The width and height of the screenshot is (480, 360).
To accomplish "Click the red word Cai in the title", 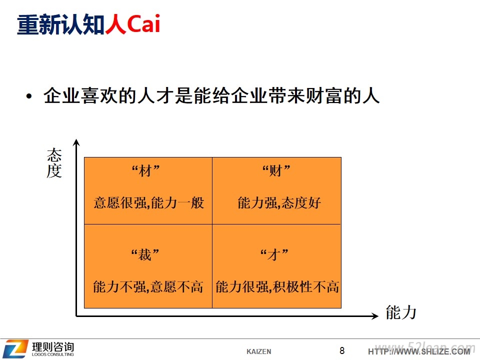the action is pos(143,23).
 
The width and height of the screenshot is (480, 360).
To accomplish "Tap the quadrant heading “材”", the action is pos(145,170).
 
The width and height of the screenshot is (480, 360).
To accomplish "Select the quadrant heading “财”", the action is pos(276,170).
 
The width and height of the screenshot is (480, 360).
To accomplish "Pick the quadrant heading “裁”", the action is pos(145,254).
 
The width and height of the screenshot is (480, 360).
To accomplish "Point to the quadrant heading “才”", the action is pos(274,254).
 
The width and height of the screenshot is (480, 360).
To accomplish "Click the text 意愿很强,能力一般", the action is pos(148,202).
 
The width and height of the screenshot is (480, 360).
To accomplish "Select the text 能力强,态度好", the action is pos(279,202).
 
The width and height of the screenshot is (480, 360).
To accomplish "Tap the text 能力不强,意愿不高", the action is pos(148,287).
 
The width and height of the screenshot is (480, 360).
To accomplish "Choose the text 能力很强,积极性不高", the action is pos(277,287).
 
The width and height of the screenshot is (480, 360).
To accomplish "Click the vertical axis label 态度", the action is pos(54,163).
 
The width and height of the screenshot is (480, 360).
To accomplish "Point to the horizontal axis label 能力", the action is pos(401,312).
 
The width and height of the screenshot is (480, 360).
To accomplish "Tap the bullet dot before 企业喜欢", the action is pos(29,96).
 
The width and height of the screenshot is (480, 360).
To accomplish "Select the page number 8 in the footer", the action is pos(342,350).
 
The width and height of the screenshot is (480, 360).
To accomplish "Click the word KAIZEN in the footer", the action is pos(258,351).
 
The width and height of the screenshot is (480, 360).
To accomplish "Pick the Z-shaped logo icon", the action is pos(15,348).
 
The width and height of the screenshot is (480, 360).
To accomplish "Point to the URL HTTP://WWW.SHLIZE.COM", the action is pos(419,351).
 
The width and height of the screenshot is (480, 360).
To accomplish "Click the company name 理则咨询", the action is pos(53,347).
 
